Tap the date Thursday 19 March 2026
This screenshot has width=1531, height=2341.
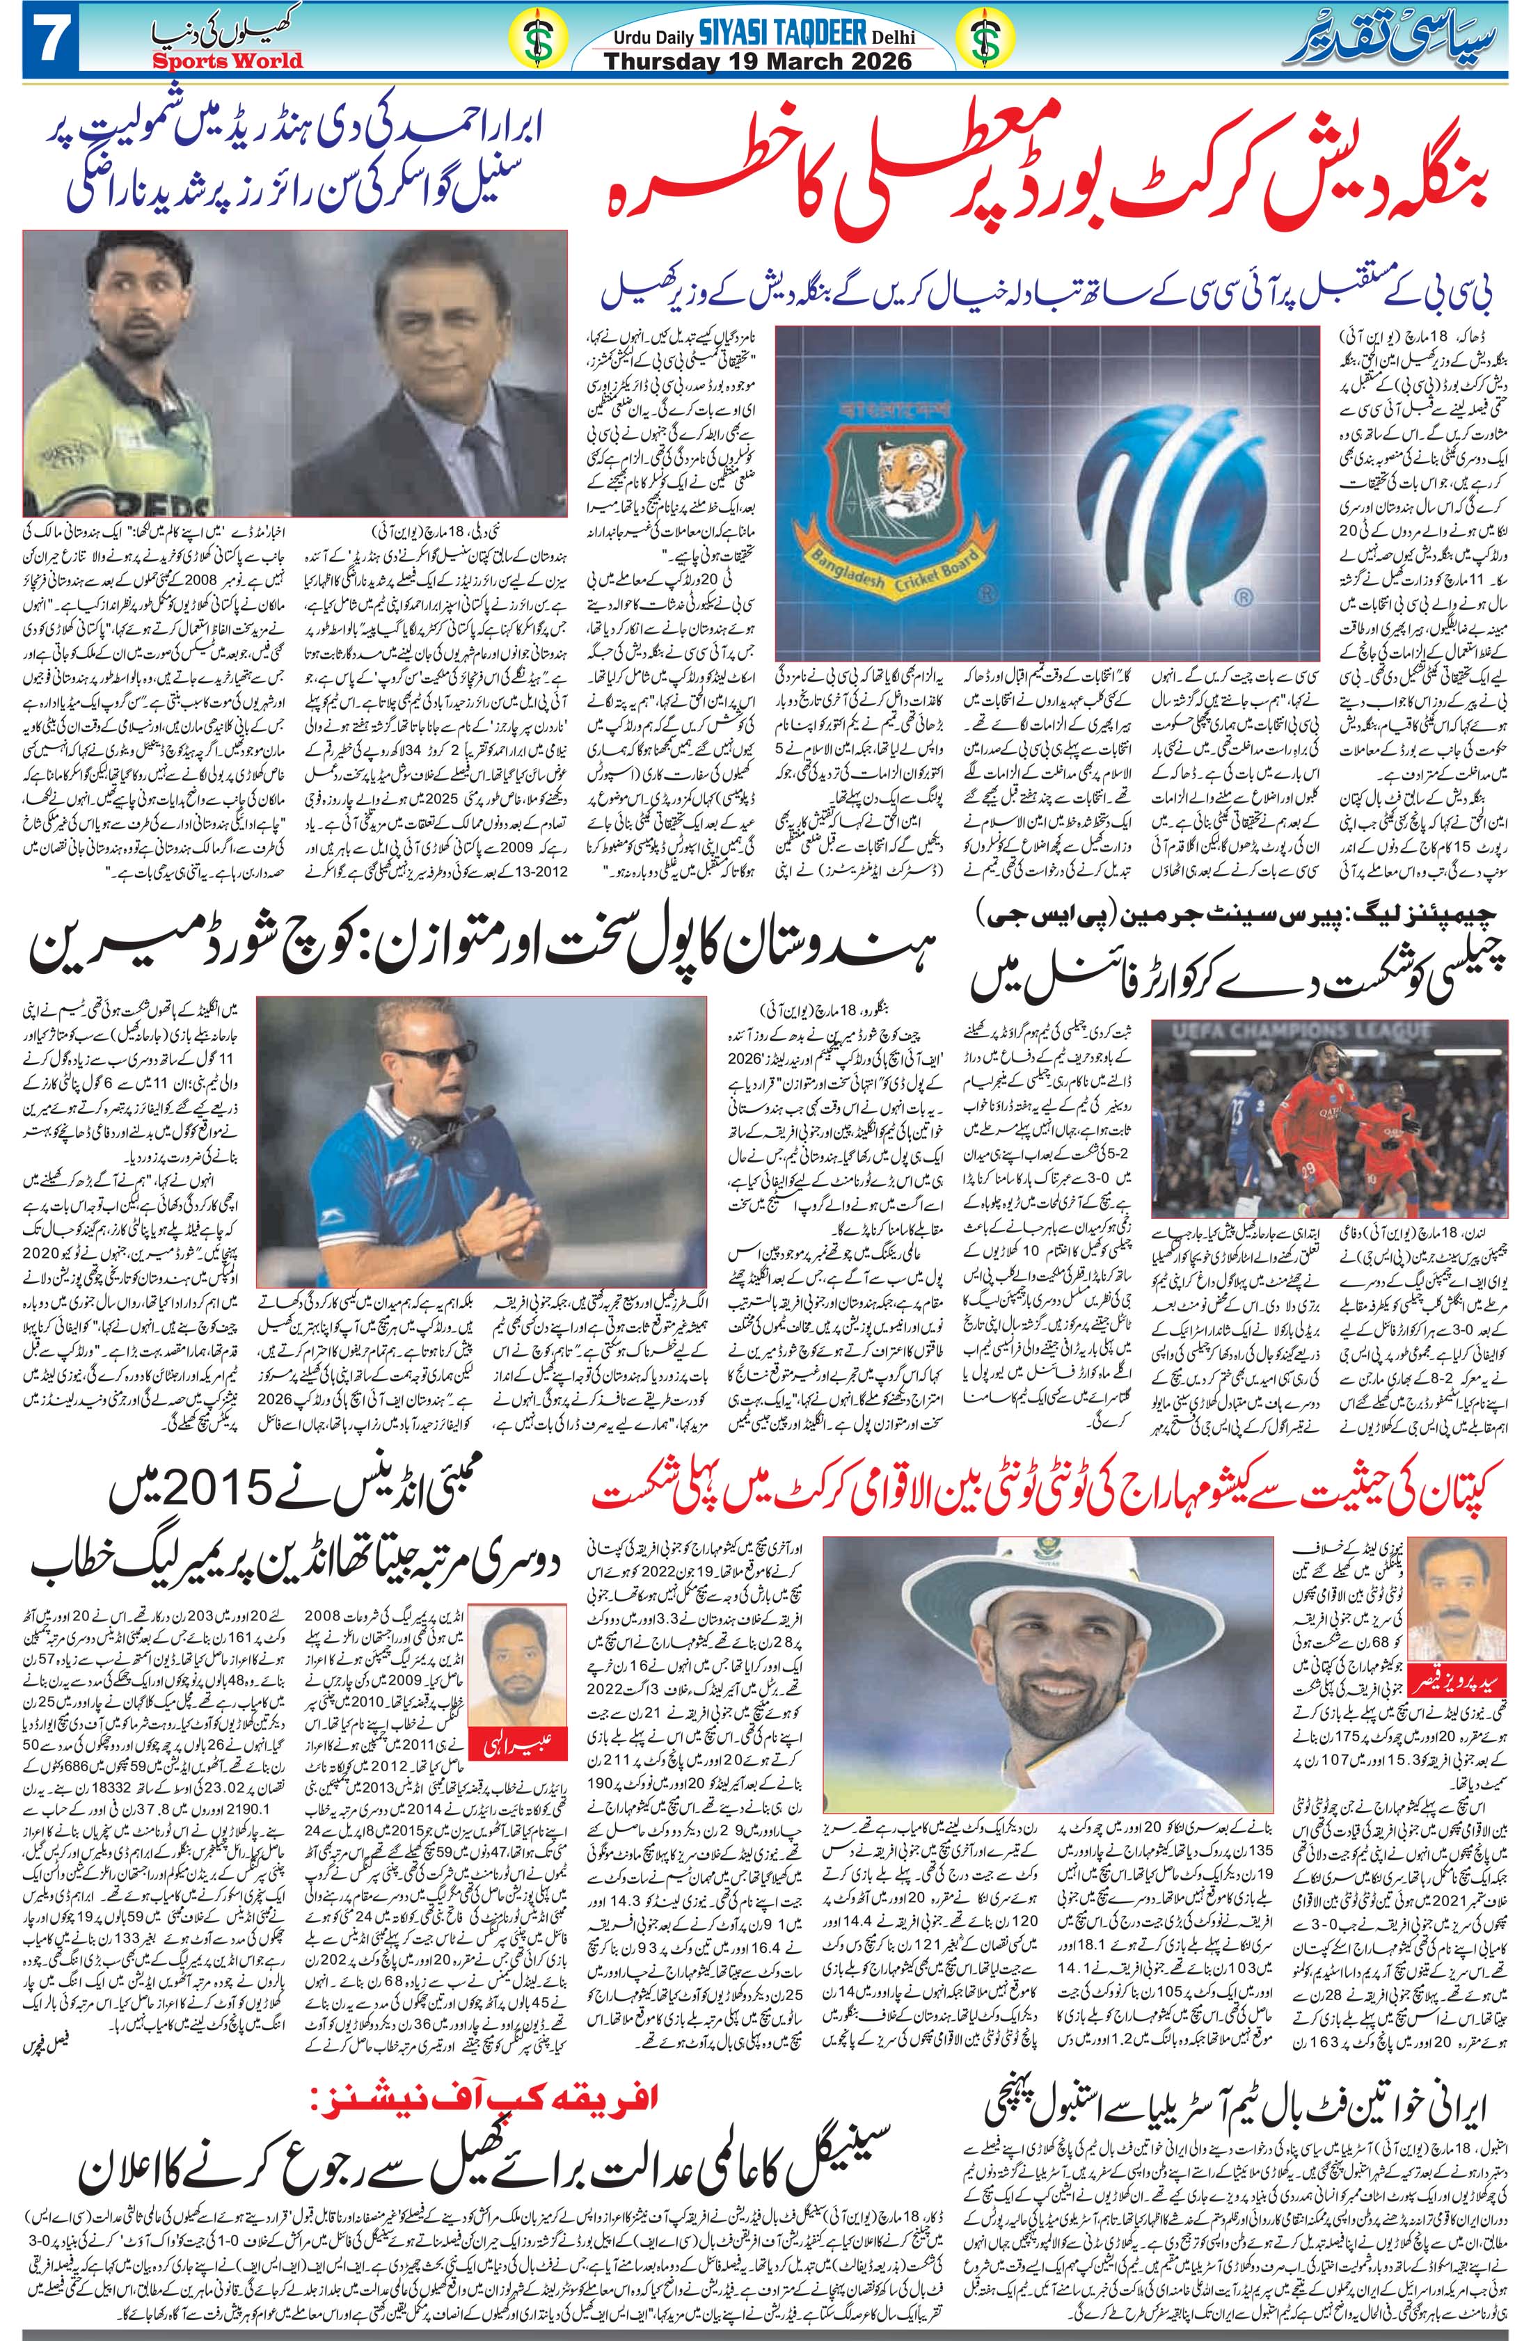(758, 61)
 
